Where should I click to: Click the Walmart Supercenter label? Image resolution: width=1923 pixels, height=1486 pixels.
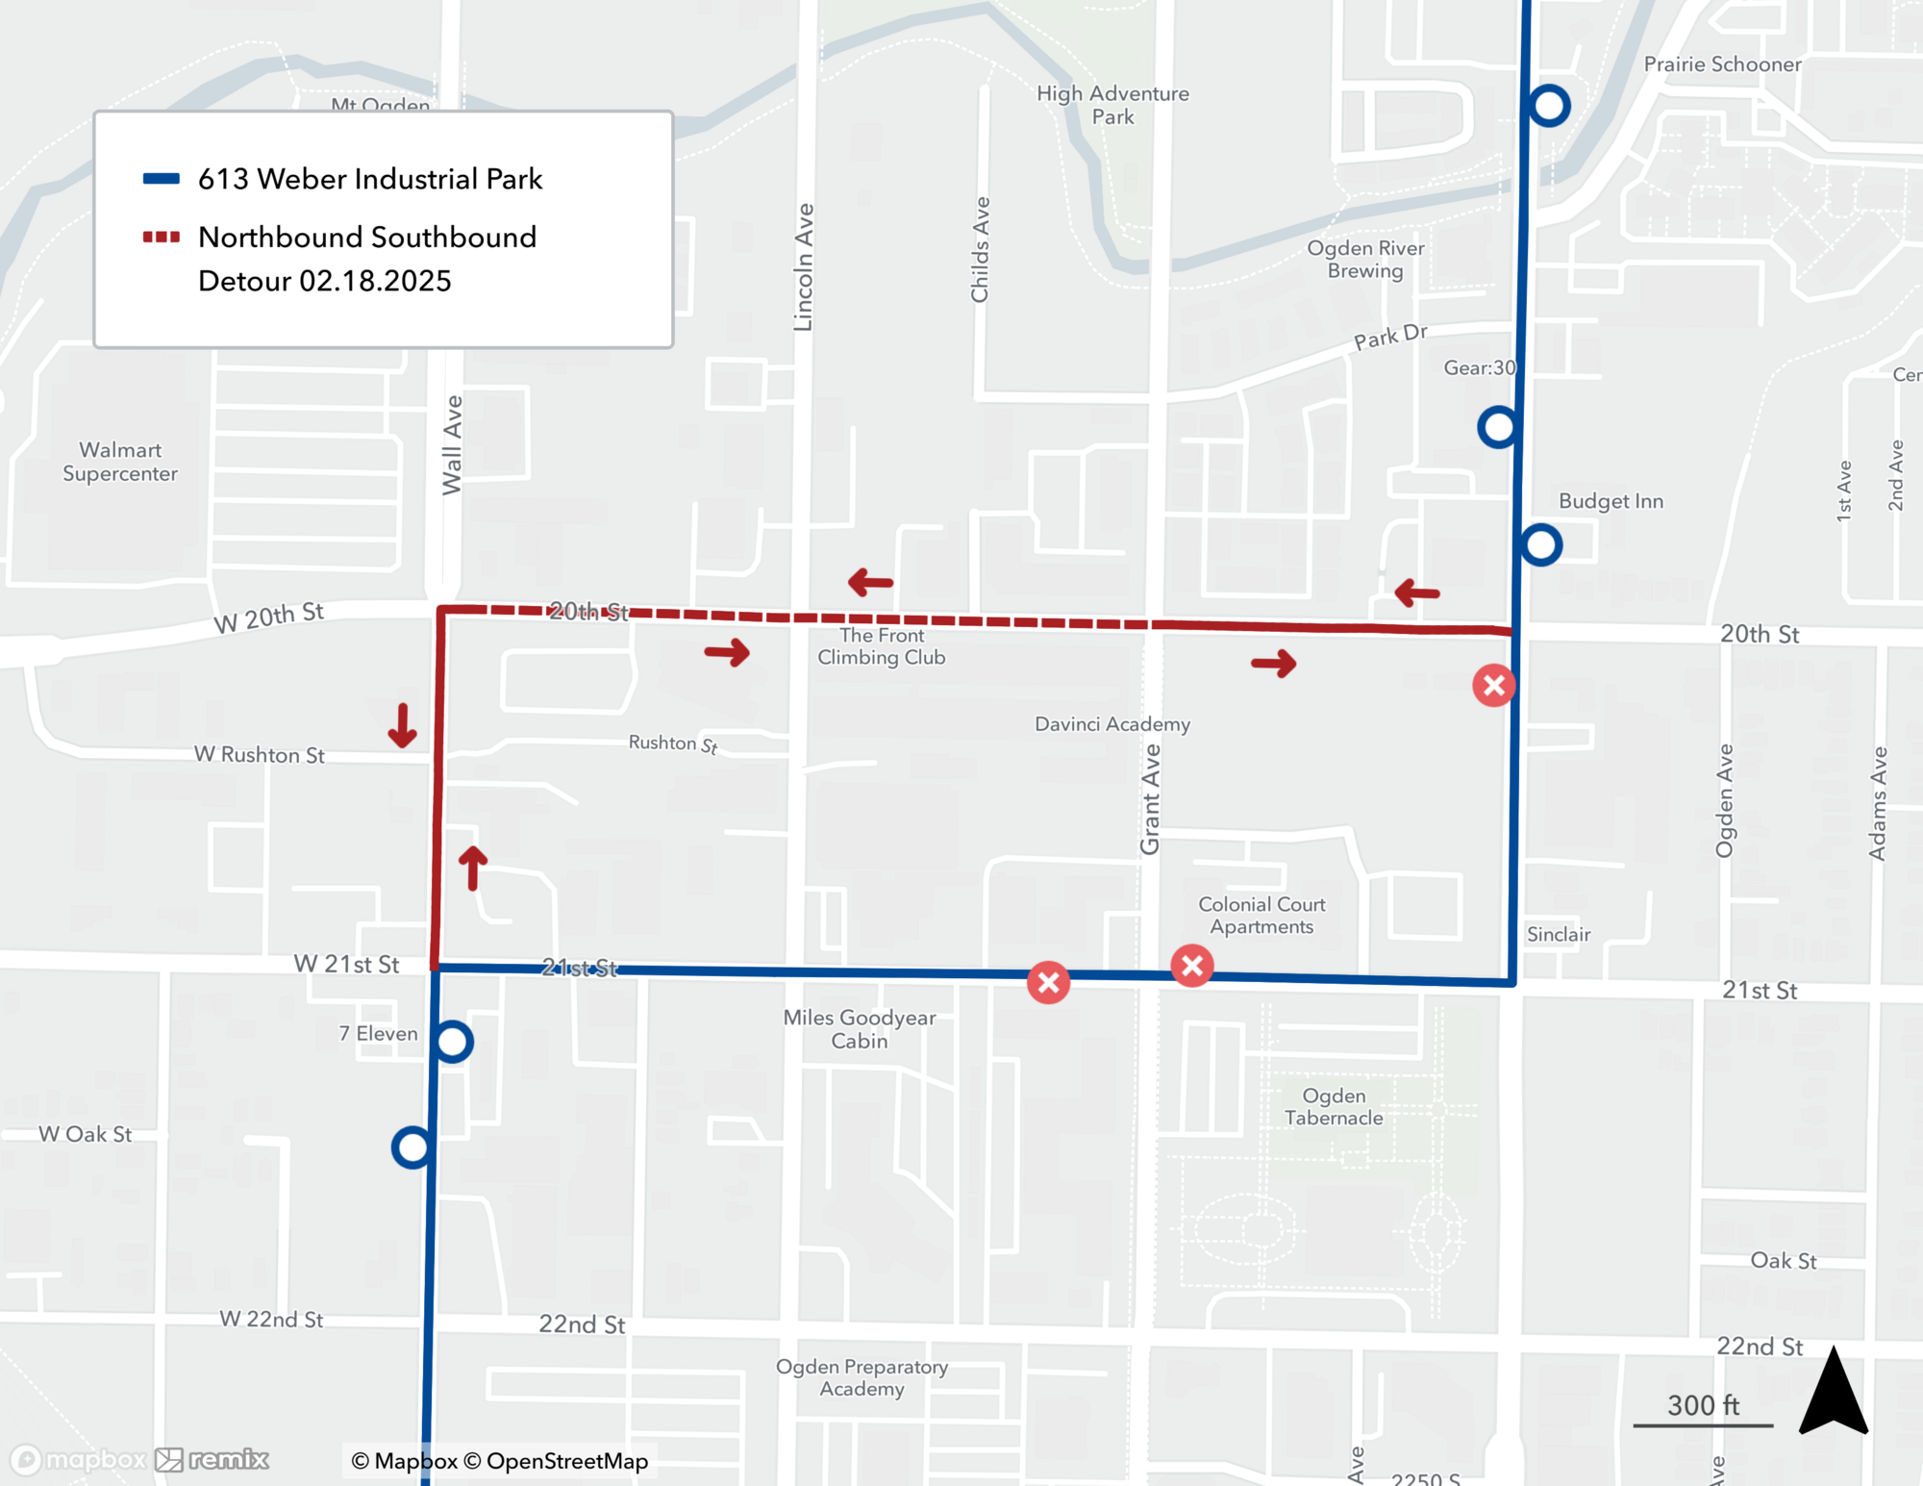(x=120, y=462)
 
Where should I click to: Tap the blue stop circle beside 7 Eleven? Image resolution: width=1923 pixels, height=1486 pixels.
(x=453, y=1042)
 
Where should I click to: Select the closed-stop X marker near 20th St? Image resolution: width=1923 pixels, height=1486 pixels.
(x=1494, y=686)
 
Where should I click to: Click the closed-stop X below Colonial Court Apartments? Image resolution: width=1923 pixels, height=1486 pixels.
(x=1192, y=966)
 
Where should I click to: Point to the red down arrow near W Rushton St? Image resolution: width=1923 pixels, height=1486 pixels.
(x=402, y=726)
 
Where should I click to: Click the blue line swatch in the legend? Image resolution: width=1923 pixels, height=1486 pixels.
(x=162, y=179)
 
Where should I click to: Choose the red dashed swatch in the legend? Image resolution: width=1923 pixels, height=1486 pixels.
(x=162, y=238)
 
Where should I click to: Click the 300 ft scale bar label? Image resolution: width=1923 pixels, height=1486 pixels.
(x=1703, y=1406)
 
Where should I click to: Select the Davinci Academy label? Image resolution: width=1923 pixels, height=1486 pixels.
(x=1112, y=724)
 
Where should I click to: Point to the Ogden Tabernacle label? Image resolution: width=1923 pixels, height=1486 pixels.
(x=1334, y=1107)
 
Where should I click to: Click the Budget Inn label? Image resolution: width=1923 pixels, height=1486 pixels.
(x=1611, y=501)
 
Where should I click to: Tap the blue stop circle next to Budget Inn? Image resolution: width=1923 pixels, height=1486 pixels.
(x=1541, y=545)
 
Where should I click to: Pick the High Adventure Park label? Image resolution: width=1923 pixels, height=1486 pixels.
(x=1112, y=105)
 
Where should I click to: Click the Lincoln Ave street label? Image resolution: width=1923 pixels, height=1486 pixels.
(x=804, y=267)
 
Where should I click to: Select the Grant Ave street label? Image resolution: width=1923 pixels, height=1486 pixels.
(x=1150, y=799)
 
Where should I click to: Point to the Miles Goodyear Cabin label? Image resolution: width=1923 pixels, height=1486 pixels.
(x=860, y=1029)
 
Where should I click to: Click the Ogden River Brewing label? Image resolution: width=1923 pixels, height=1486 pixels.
(x=1365, y=260)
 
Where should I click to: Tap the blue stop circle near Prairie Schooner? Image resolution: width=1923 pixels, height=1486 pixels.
(x=1549, y=106)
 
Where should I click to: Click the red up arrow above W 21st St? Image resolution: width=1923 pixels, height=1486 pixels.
(x=472, y=868)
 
